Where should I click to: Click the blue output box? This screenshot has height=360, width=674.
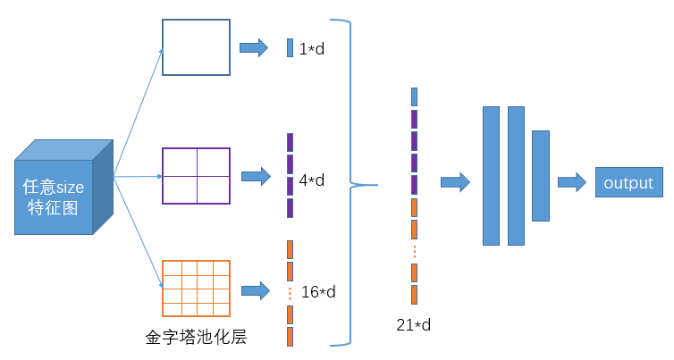click(629, 182)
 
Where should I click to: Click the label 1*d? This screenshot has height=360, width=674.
click(312, 49)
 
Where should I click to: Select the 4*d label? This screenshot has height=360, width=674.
click(312, 180)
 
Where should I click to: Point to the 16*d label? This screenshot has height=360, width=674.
click(318, 292)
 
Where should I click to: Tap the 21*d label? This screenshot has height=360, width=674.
click(414, 325)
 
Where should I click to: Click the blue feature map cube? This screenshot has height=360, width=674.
click(63, 188)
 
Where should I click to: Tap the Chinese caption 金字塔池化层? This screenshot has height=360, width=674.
click(196, 337)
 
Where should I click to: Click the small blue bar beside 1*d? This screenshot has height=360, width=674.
click(291, 47)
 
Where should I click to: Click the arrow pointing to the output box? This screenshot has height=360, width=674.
click(572, 182)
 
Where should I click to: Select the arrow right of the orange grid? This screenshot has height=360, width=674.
click(256, 291)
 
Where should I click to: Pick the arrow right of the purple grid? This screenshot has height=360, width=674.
click(257, 176)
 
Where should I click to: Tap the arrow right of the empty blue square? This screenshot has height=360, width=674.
click(254, 47)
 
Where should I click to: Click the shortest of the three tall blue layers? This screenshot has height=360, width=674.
click(541, 176)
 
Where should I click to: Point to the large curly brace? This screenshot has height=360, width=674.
click(350, 182)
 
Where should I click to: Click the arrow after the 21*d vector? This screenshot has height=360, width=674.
click(455, 182)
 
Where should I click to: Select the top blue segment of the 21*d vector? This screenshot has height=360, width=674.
click(415, 96)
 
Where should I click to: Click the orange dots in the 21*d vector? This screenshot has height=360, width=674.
click(415, 252)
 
